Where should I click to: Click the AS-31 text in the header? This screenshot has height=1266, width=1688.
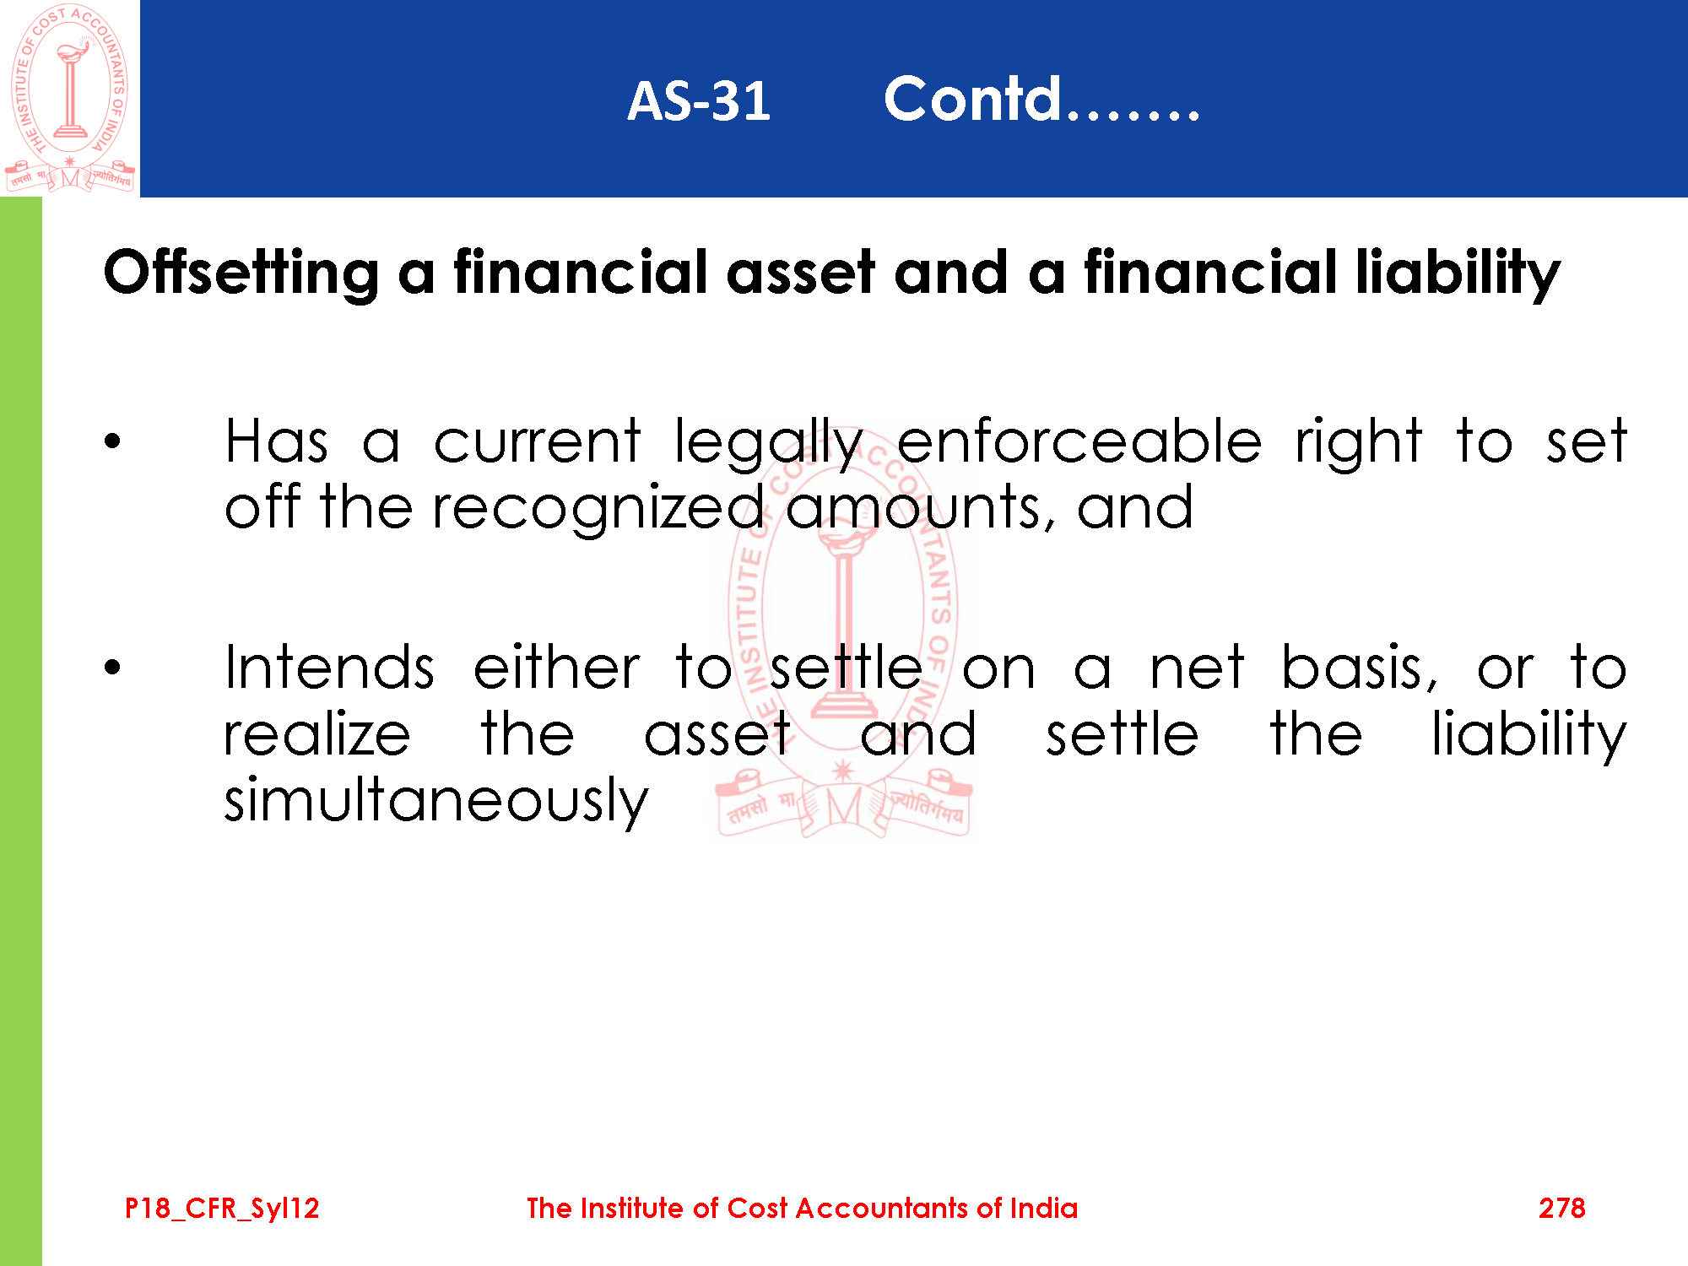tap(699, 101)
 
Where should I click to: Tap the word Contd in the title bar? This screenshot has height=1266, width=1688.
tap(971, 99)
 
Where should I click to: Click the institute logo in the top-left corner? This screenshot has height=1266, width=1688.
tap(70, 98)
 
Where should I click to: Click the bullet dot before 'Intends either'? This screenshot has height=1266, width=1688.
tap(113, 668)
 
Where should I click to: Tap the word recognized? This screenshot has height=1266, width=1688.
tap(598, 509)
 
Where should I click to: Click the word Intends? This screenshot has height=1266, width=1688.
tap(330, 668)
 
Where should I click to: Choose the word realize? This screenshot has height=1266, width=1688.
tap(317, 733)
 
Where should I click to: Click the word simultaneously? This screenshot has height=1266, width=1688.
tap(436, 800)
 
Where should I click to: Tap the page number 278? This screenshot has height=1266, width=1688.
tap(1561, 1208)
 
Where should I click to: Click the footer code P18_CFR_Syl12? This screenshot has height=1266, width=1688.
tap(222, 1209)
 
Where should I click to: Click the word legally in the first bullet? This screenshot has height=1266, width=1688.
tap(768, 443)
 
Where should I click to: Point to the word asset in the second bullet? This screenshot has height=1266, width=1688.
tap(717, 734)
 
